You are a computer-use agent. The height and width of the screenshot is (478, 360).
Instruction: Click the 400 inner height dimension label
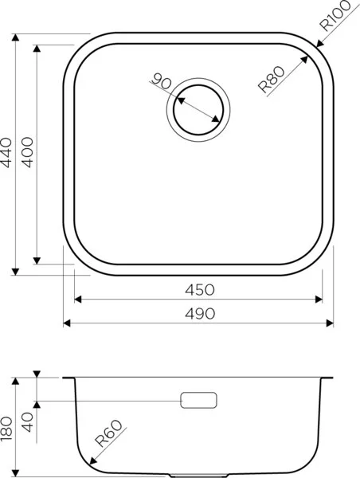(x=28, y=152)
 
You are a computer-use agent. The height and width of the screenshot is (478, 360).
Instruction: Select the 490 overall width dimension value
(x=198, y=313)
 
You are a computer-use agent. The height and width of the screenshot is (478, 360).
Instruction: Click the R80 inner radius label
(x=273, y=80)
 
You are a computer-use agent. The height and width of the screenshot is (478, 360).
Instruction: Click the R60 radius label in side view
(x=108, y=441)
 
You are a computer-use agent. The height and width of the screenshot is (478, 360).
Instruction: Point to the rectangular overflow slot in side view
(x=199, y=400)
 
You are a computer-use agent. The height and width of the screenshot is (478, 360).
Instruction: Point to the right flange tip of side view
(x=332, y=377)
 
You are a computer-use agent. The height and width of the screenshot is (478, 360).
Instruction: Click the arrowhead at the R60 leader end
(x=92, y=462)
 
